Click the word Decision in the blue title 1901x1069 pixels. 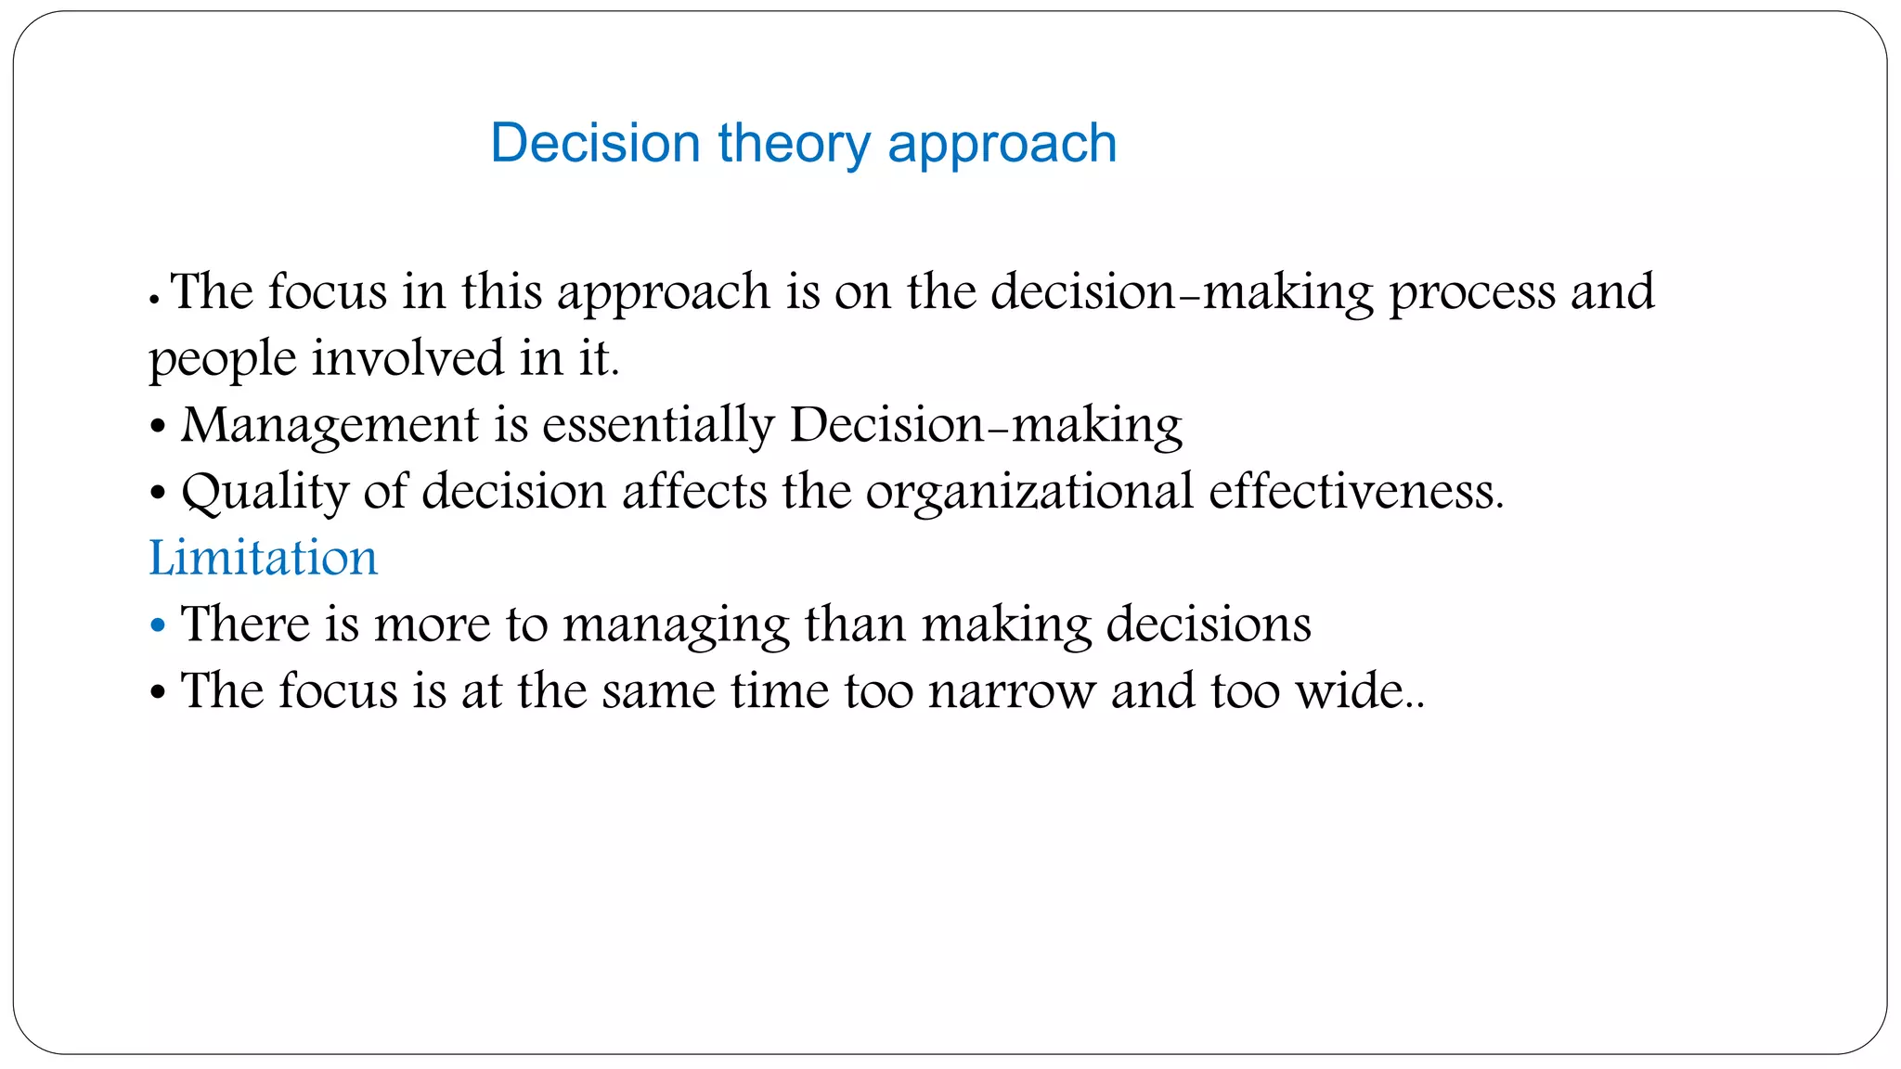pyautogui.click(x=595, y=144)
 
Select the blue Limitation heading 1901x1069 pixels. pyautogui.click(x=264, y=558)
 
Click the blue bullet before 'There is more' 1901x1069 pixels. pyautogui.click(x=158, y=625)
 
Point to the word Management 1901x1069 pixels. pyautogui.click(x=330, y=425)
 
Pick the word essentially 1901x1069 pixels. pyautogui.click(x=658, y=425)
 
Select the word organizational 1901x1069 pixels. pyautogui.click(x=1029, y=492)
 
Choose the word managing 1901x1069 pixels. pyautogui.click(x=676, y=625)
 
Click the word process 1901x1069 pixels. pyautogui.click(x=1471, y=293)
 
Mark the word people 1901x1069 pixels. pyautogui.click(x=223, y=360)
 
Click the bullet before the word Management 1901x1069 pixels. pyautogui.click(x=158, y=427)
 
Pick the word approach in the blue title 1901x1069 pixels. pyautogui.click(x=1002, y=144)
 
